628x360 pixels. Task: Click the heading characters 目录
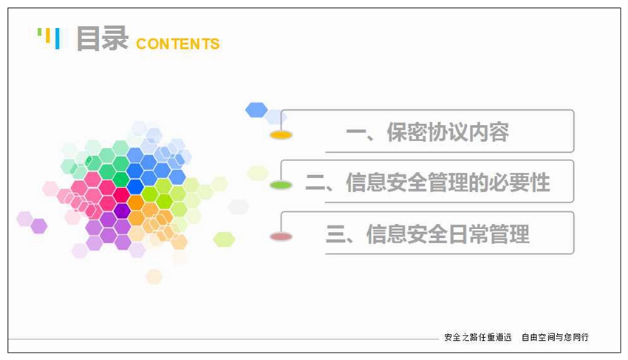(102, 38)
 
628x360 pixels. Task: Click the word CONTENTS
(178, 44)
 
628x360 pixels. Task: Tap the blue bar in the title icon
(58, 38)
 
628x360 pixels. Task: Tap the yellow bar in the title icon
(48, 35)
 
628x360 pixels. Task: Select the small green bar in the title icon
(39, 32)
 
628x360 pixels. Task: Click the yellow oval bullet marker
(281, 135)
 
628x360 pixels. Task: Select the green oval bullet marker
(281, 185)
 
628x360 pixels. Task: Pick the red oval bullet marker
(281, 237)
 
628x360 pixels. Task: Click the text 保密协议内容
(448, 132)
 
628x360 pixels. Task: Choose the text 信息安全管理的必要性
(448, 183)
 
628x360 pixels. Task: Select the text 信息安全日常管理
(448, 234)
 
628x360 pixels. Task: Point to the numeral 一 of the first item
(356, 132)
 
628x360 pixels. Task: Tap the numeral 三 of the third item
(336, 234)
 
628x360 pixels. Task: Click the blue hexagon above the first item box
(256, 110)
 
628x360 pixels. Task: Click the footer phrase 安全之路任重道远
(478, 337)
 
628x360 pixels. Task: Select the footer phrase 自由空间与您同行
(555, 337)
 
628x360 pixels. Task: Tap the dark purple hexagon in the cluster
(122, 211)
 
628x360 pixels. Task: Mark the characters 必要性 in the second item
(519, 183)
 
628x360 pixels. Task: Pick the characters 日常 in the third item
(468, 234)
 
